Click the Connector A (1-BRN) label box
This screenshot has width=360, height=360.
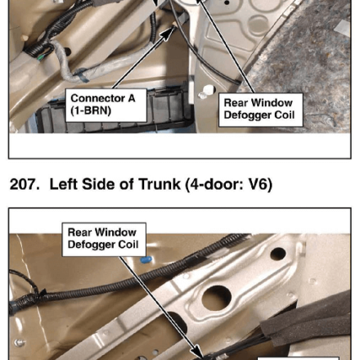106,105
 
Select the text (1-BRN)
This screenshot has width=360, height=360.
91,110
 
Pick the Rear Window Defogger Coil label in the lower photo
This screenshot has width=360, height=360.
104,239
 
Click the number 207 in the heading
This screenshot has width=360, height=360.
22,184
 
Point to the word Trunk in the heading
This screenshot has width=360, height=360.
160,184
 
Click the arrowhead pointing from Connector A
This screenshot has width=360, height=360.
168,32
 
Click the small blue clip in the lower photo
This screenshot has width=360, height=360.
146,259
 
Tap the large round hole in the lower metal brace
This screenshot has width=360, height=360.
217,298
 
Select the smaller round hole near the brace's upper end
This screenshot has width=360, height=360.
278,254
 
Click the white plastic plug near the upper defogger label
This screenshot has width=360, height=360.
208,90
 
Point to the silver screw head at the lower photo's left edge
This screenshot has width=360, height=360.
20,343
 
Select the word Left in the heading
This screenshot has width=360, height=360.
63,184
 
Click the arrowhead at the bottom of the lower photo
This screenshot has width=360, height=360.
199,353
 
